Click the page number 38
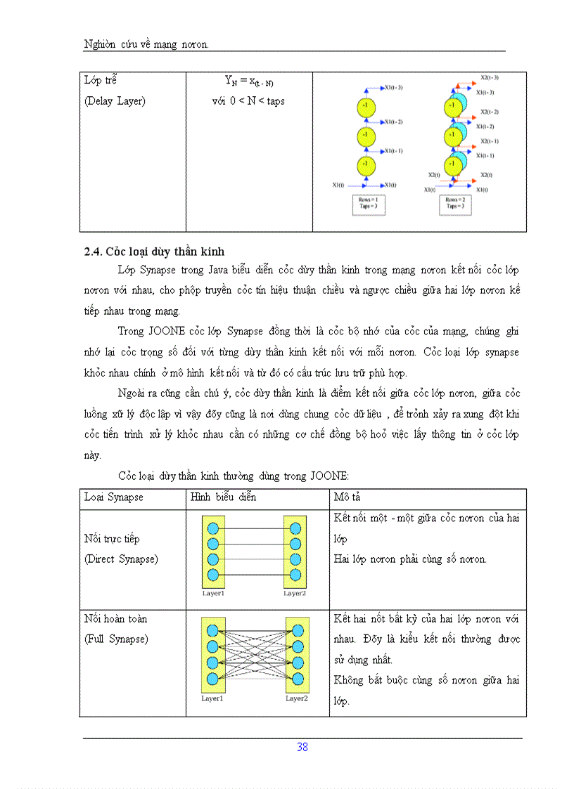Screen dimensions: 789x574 tap(302, 747)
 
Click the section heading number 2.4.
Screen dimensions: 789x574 tap(94, 252)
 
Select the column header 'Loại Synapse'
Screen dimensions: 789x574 tap(113, 497)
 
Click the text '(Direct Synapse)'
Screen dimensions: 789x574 tap(121, 559)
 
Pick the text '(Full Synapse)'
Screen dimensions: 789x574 tap(115, 639)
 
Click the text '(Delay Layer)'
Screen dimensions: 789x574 tap(115, 100)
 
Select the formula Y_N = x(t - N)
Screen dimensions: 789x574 tap(248, 81)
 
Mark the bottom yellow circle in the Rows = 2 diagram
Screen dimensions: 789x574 tap(452, 165)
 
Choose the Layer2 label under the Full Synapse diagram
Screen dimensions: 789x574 tap(297, 699)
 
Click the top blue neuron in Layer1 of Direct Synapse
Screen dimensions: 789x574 tap(213, 528)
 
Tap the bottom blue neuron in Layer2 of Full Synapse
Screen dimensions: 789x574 tap(297, 679)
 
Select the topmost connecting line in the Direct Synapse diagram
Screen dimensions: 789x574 tap(254, 528)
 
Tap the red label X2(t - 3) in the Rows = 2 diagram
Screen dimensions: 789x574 tap(490, 77)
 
